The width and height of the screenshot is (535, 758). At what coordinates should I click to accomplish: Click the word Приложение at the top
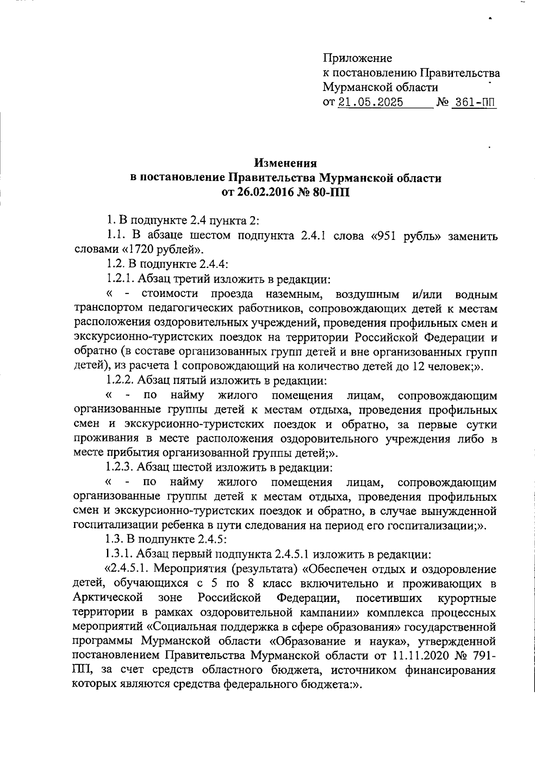357,58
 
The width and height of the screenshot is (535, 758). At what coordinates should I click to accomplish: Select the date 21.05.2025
370,103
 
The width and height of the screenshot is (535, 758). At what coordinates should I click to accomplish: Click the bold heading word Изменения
285,163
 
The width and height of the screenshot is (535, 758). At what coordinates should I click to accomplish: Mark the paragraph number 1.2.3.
120,467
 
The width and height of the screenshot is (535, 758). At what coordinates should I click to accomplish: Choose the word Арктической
107,598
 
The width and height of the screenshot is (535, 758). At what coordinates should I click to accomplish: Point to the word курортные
467,598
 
